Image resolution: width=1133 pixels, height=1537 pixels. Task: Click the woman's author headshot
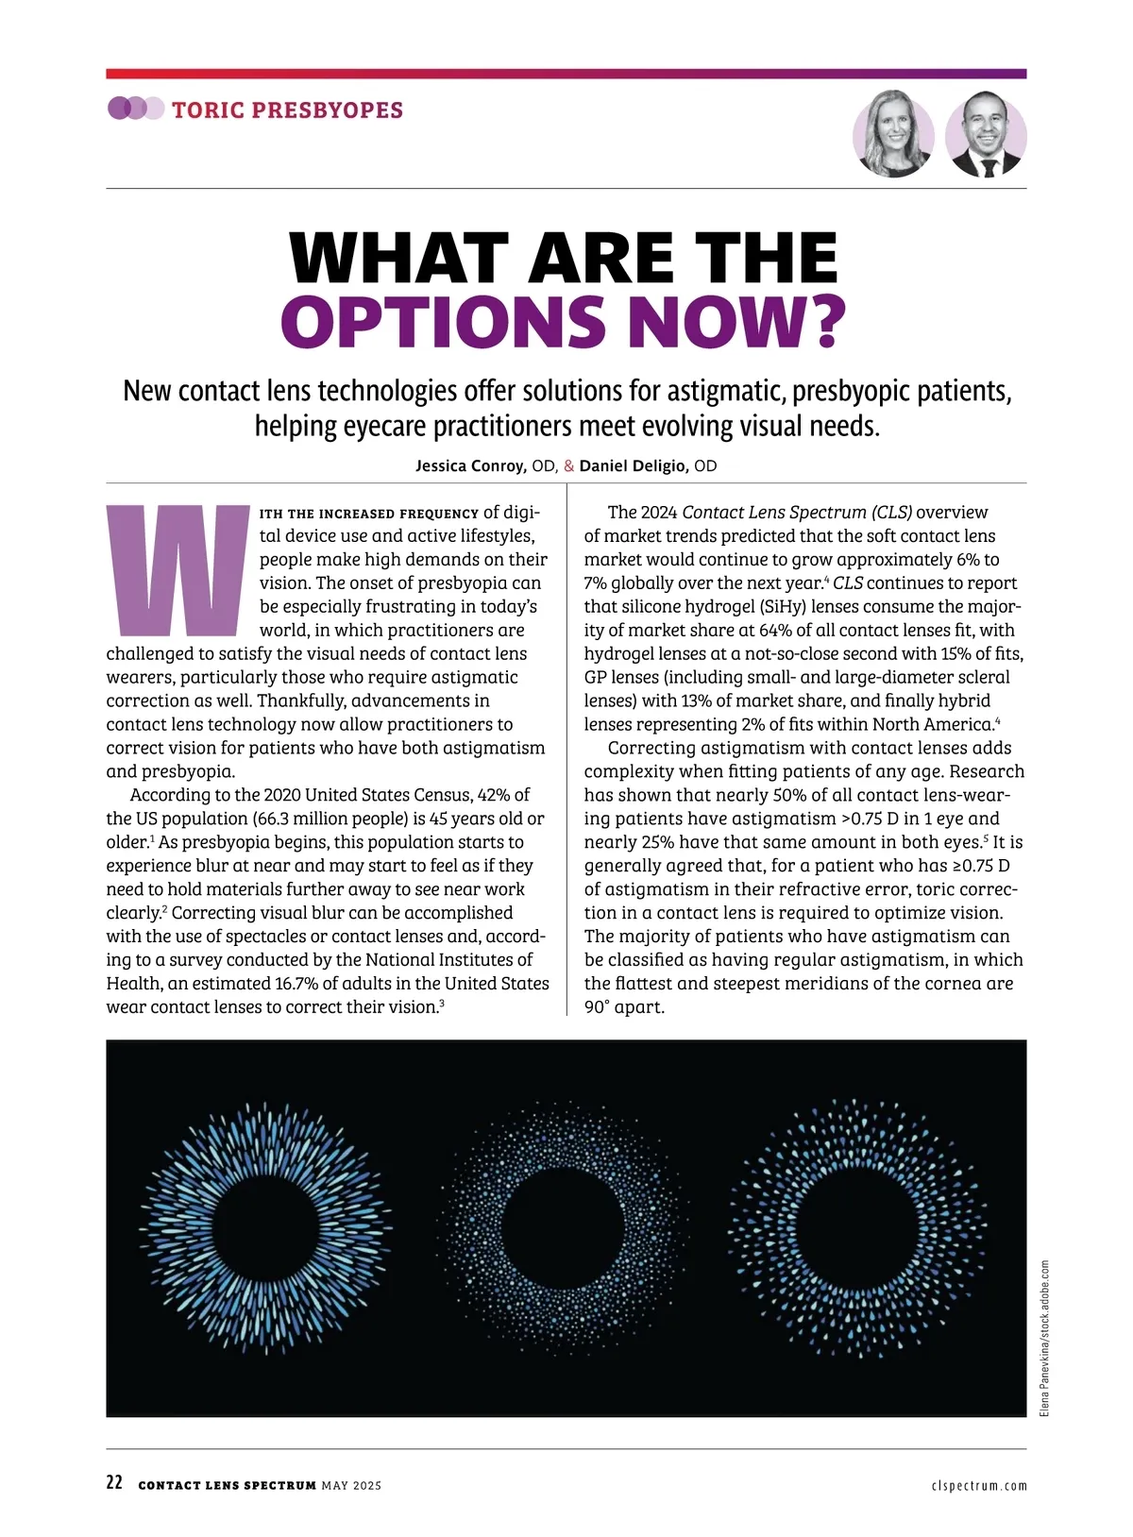click(x=893, y=134)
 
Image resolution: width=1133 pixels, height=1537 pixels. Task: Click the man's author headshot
click(x=986, y=134)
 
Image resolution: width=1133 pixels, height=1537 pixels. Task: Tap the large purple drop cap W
click(x=177, y=571)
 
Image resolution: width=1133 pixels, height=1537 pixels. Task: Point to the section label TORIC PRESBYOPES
click(x=287, y=110)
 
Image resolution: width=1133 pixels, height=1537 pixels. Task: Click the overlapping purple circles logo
click(x=135, y=109)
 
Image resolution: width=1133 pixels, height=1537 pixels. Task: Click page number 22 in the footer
click(x=114, y=1483)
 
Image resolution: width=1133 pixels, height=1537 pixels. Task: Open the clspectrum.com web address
click(x=978, y=1485)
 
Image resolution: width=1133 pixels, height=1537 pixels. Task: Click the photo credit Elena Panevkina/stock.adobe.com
click(x=1044, y=1337)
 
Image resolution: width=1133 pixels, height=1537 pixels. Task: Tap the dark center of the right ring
click(x=859, y=1226)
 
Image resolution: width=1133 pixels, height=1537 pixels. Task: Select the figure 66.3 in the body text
click(x=272, y=819)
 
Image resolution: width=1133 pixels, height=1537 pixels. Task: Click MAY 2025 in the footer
click(x=351, y=1485)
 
